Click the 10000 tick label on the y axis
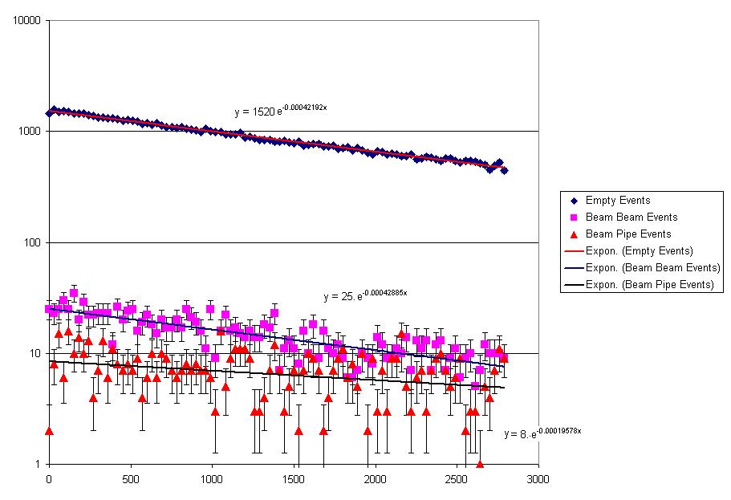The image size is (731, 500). pyautogui.click(x=28, y=21)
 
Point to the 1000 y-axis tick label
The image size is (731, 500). pyautogui.click(x=30, y=132)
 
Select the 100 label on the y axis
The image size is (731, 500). pyautogui.click(x=33, y=242)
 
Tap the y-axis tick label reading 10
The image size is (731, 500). pyautogui.click(x=35, y=353)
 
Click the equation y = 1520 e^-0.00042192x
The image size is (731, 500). pyautogui.click(x=280, y=111)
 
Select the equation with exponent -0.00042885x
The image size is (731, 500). pyautogui.click(x=365, y=296)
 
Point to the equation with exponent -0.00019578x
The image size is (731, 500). pyautogui.click(x=542, y=433)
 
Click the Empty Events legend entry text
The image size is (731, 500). pyautogui.click(x=618, y=201)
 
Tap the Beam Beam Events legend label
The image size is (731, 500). pyautogui.click(x=632, y=217)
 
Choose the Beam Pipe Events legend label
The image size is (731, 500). pyautogui.click(x=628, y=234)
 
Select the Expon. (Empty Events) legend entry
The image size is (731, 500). pyautogui.click(x=640, y=251)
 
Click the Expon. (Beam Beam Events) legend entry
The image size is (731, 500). pyautogui.click(x=652, y=268)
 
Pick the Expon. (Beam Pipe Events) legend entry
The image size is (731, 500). pyautogui.click(x=649, y=285)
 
